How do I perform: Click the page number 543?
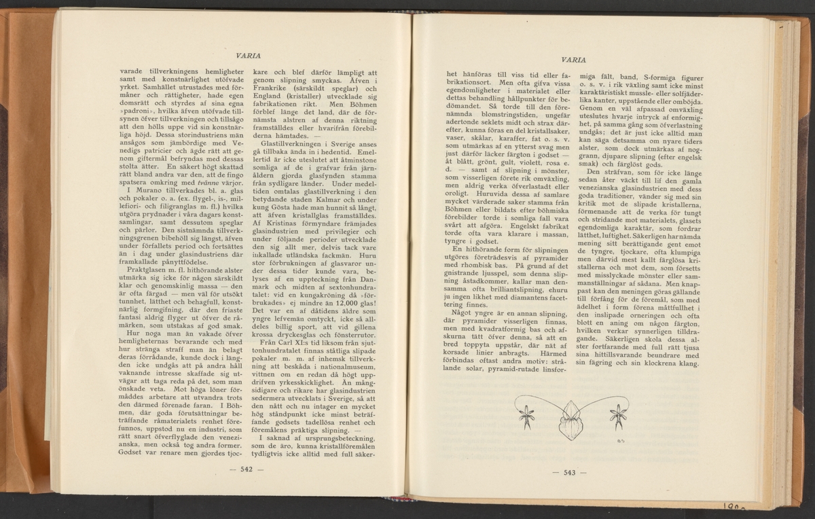click(x=565, y=473)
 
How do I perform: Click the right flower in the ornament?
click(x=618, y=416)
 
